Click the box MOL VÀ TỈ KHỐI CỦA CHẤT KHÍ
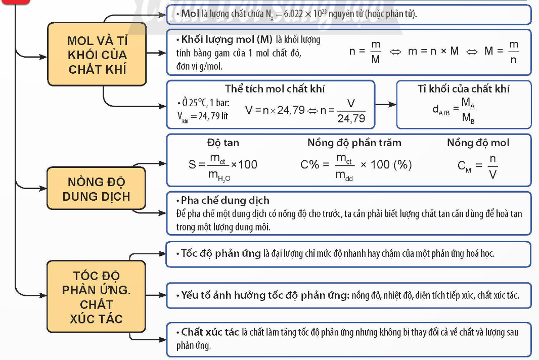tap(97, 54)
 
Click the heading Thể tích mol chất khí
tap(275, 89)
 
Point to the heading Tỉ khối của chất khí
tap(464, 89)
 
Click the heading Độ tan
tap(223, 143)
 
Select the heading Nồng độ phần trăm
tap(354, 143)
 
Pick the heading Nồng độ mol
tap(478, 143)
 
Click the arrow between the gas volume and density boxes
tap(385, 104)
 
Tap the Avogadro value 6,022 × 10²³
tap(302, 14)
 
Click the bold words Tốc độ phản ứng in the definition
tap(221, 254)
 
